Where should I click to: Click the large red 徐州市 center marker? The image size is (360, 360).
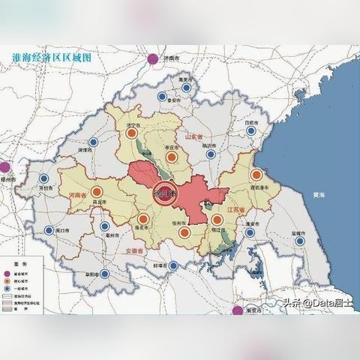pyautogui.click(x=164, y=193)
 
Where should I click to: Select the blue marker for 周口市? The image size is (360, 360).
pyautogui.click(x=48, y=230)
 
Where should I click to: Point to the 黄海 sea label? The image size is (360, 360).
pyautogui.click(x=319, y=195)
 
